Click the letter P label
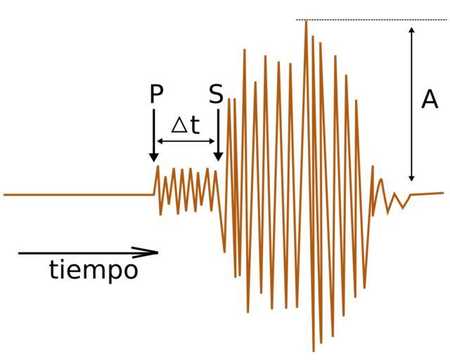point(156,94)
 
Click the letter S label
point(216,94)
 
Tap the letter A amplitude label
point(430,100)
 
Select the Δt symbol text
point(186,125)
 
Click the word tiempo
point(94,269)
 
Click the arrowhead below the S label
point(218,156)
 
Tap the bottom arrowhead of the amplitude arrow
point(412,178)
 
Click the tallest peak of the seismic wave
point(306,22)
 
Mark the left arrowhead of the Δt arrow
point(160,142)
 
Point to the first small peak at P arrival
point(157,167)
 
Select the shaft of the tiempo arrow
point(77,252)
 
